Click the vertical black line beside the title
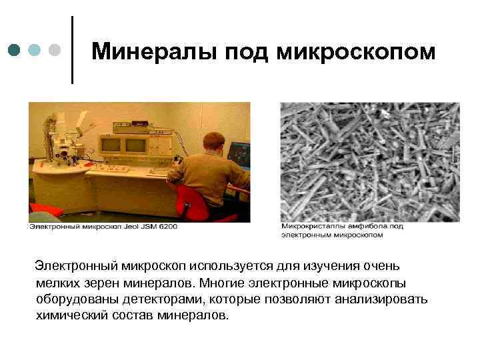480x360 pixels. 72,50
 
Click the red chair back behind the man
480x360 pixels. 190,199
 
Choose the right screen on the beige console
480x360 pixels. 136,145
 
